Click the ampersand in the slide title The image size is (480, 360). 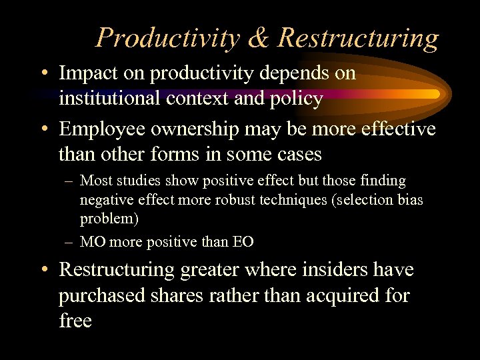pos(258,38)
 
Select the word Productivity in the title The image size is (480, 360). pos(167,38)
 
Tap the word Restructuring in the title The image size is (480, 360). pos(358,38)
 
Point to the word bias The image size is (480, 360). pos(408,200)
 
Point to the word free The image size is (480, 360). pos(75,320)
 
